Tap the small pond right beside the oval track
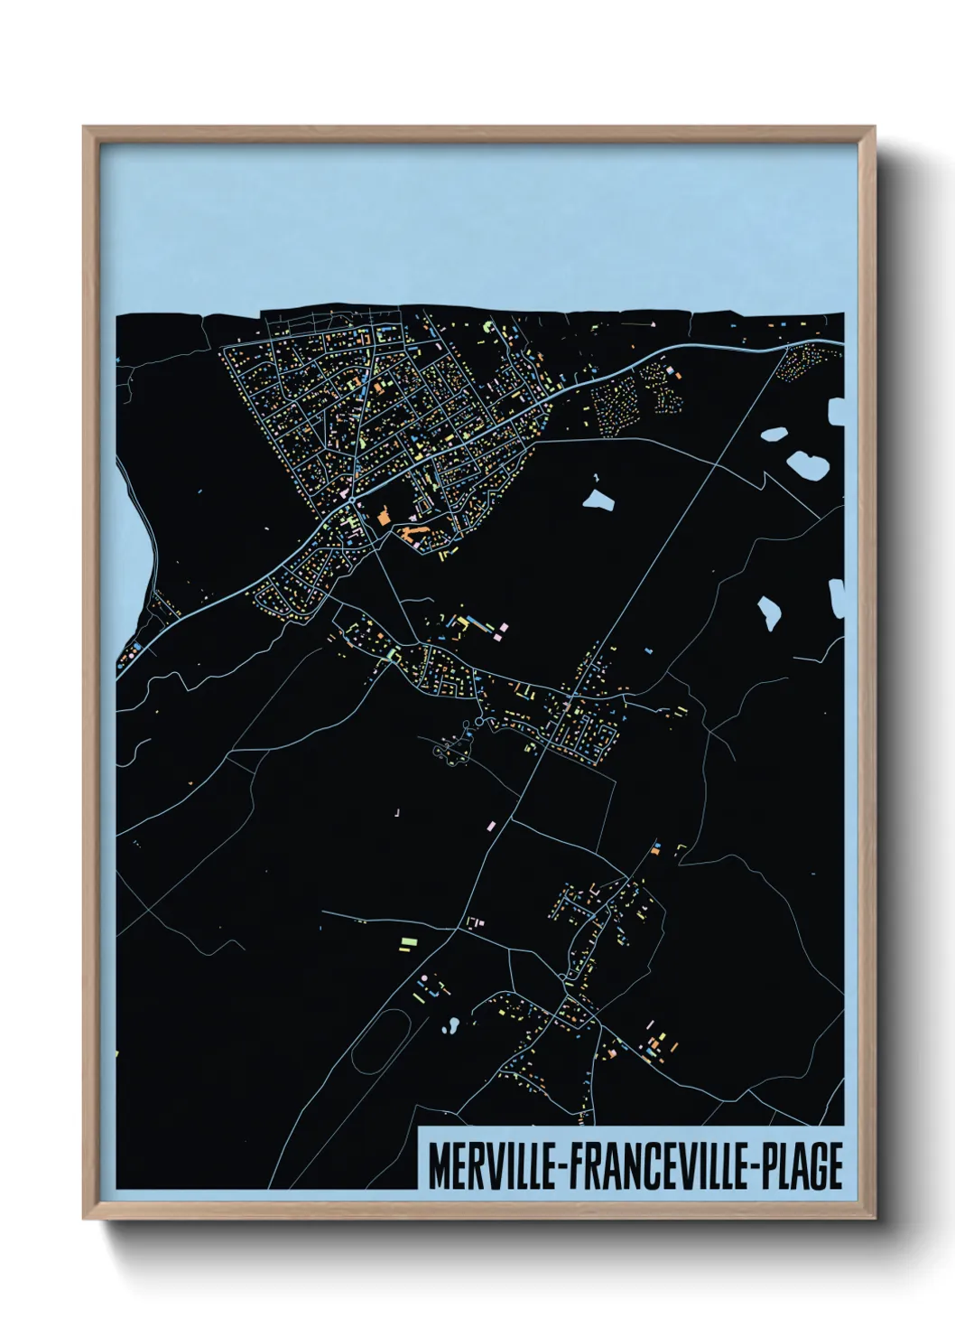point(450,1024)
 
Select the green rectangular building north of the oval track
point(409,941)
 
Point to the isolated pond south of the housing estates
point(598,499)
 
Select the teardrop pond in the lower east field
point(769,612)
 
